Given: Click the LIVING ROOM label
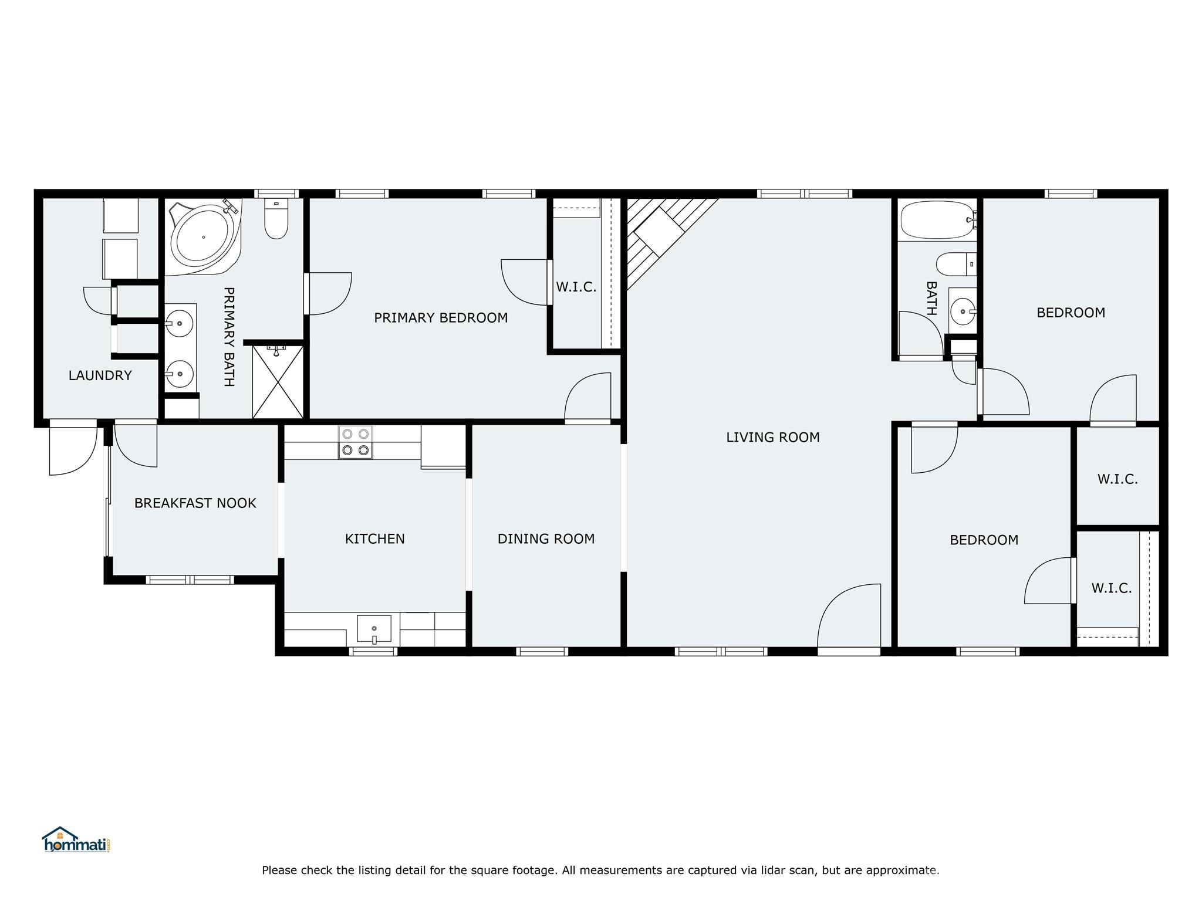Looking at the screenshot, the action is pos(772,437).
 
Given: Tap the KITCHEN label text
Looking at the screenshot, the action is pos(374,538).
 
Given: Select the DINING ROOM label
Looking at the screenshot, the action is pos(546,538).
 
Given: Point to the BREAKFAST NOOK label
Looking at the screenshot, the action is pos(195,503).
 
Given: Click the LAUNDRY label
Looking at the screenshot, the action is pos(100,375).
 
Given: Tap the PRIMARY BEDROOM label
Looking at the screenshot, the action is pos(441,317).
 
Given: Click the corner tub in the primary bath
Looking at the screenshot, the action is pos(205,237).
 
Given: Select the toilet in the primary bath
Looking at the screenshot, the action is pos(276,219).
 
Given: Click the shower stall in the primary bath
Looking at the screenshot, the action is pos(278,382).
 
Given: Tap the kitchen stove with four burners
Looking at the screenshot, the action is pos(355,442).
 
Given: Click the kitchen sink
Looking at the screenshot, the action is pos(374,629).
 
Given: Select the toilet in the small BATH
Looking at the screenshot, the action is pos(956,264).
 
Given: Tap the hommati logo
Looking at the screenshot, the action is pos(76,839).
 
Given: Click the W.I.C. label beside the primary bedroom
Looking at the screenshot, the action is pos(576,287).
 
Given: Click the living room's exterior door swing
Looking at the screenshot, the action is pos(849,616).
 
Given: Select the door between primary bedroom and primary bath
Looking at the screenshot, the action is pos(327,293).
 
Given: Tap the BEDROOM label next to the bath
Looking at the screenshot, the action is pos(1071,313).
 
